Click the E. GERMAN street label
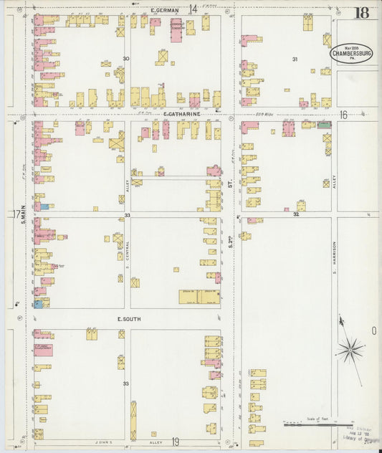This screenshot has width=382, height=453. click(165, 10)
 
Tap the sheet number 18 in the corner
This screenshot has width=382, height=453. click(361, 12)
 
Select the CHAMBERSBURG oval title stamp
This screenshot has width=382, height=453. click(350, 53)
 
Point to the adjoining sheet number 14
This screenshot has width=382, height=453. click(193, 9)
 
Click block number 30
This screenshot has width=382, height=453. click(125, 59)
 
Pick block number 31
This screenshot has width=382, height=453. click(294, 59)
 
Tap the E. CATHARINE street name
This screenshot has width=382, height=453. click(181, 114)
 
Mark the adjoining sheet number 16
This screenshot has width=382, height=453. click(343, 115)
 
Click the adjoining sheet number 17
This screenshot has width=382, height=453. click(15, 214)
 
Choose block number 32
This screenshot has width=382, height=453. click(295, 214)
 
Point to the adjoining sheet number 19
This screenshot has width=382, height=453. click(175, 442)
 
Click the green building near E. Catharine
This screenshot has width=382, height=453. click(325, 125)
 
